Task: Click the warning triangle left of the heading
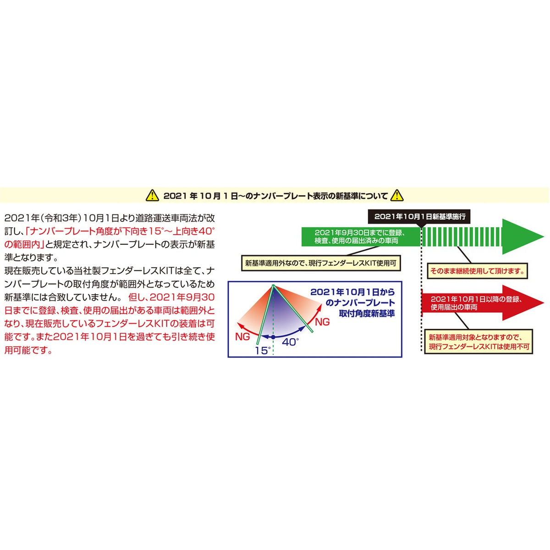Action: tap(153, 196)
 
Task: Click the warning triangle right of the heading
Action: tap(396, 196)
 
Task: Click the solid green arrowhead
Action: tap(523, 236)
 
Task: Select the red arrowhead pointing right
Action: tap(523, 303)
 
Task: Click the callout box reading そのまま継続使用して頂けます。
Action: tap(477, 271)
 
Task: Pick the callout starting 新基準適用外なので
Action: tap(321, 263)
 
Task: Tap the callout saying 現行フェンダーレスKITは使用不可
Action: tap(478, 342)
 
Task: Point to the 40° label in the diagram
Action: tap(291, 341)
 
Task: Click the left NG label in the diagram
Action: tap(242, 337)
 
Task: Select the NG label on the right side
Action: tap(322, 322)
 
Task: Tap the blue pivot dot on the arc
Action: tap(273, 337)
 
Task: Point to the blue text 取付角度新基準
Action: tap(367, 313)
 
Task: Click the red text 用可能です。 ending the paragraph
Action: tap(28, 350)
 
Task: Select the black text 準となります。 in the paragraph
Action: tap(32, 258)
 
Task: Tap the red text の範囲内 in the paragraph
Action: tap(23, 244)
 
